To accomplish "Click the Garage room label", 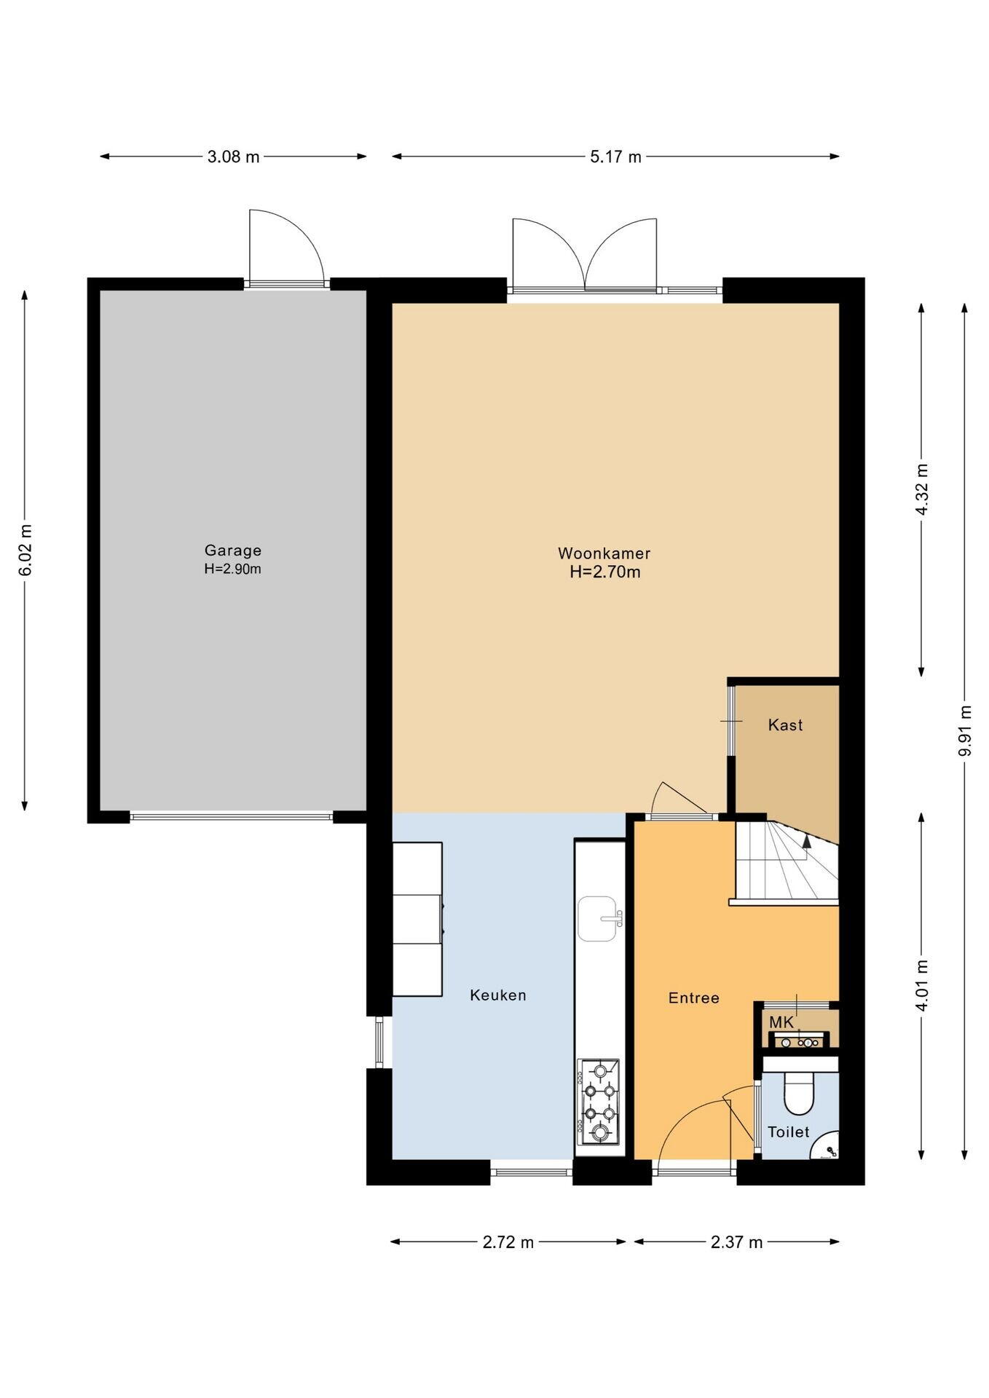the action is pyautogui.click(x=232, y=550).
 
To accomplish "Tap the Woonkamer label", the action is pyautogui.click(x=604, y=553).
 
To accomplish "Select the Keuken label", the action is pyautogui.click(x=498, y=995).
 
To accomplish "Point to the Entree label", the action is pyautogui.click(x=694, y=998).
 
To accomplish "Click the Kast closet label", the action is pyautogui.click(x=786, y=724).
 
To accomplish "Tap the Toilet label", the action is pyautogui.click(x=789, y=1132).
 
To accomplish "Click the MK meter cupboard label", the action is pyautogui.click(x=781, y=1022).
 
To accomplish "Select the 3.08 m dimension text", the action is pyautogui.click(x=233, y=157).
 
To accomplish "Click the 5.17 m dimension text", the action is pyautogui.click(x=615, y=157).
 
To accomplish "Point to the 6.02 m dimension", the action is pyautogui.click(x=25, y=550).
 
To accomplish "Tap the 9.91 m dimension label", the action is pyautogui.click(x=965, y=730).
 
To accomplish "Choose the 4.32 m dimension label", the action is pyautogui.click(x=922, y=489).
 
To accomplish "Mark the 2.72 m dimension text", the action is pyautogui.click(x=508, y=1242).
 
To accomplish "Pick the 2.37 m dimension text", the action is pyautogui.click(x=737, y=1242).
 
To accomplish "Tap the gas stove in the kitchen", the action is pyautogui.click(x=599, y=1102).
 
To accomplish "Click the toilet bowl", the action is pyautogui.click(x=799, y=1094).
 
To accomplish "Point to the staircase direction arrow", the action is pyautogui.click(x=807, y=839).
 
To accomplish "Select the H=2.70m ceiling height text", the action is pyautogui.click(x=605, y=572).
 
